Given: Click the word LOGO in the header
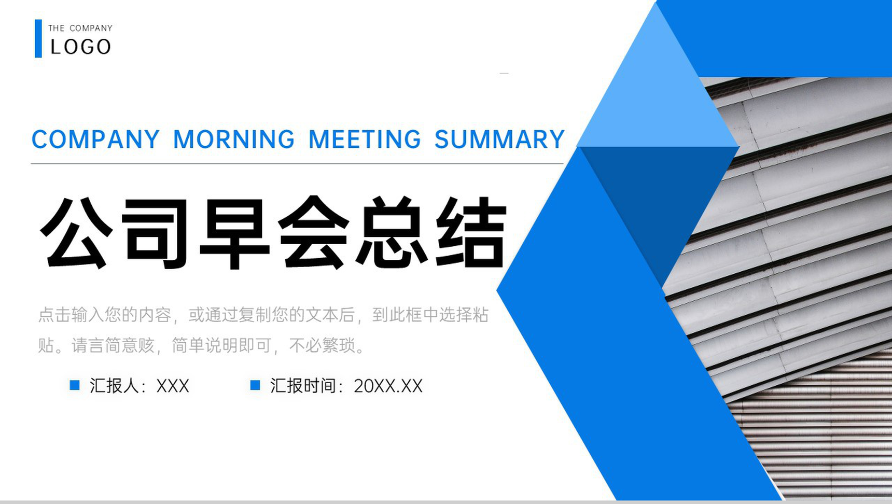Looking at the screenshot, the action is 80,47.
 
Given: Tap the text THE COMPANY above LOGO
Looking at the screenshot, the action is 80,28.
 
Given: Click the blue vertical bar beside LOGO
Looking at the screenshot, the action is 38,38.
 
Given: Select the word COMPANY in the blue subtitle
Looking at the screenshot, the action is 95,139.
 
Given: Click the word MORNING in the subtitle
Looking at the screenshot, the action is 234,139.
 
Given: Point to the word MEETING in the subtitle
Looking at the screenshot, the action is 365,139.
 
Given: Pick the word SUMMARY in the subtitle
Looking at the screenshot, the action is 499,139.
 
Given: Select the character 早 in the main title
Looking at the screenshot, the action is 234,232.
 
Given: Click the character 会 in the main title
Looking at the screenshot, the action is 313,232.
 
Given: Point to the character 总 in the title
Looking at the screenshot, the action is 392,232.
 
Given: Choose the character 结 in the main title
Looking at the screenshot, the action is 471,232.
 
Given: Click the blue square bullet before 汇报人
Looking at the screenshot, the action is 75,385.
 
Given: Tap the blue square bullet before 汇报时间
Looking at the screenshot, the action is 255,385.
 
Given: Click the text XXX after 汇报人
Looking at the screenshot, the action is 173,386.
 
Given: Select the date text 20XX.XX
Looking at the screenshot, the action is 388,386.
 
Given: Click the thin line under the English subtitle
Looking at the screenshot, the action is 297,164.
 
